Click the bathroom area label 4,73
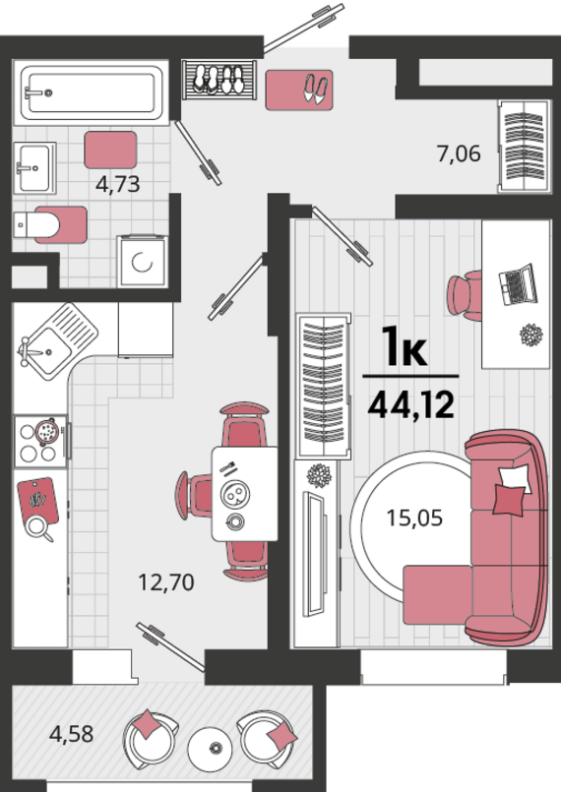pos(118,184)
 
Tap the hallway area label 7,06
pos(459,153)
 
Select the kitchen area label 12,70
pos(166,582)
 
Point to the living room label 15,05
pos(414,518)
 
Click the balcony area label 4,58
pos(71,734)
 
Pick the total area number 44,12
pos(411,405)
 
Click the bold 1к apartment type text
pos(405,346)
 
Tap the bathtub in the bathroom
pos(91,92)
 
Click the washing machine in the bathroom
pos(143,262)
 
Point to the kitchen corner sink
pos(58,342)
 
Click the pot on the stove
pos(47,431)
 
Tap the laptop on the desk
pos(518,284)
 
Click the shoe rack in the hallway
pos(219,81)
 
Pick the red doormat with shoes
pos(299,90)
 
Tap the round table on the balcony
pos(211,748)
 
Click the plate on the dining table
pos(235,495)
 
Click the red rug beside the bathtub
pos(110,150)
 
